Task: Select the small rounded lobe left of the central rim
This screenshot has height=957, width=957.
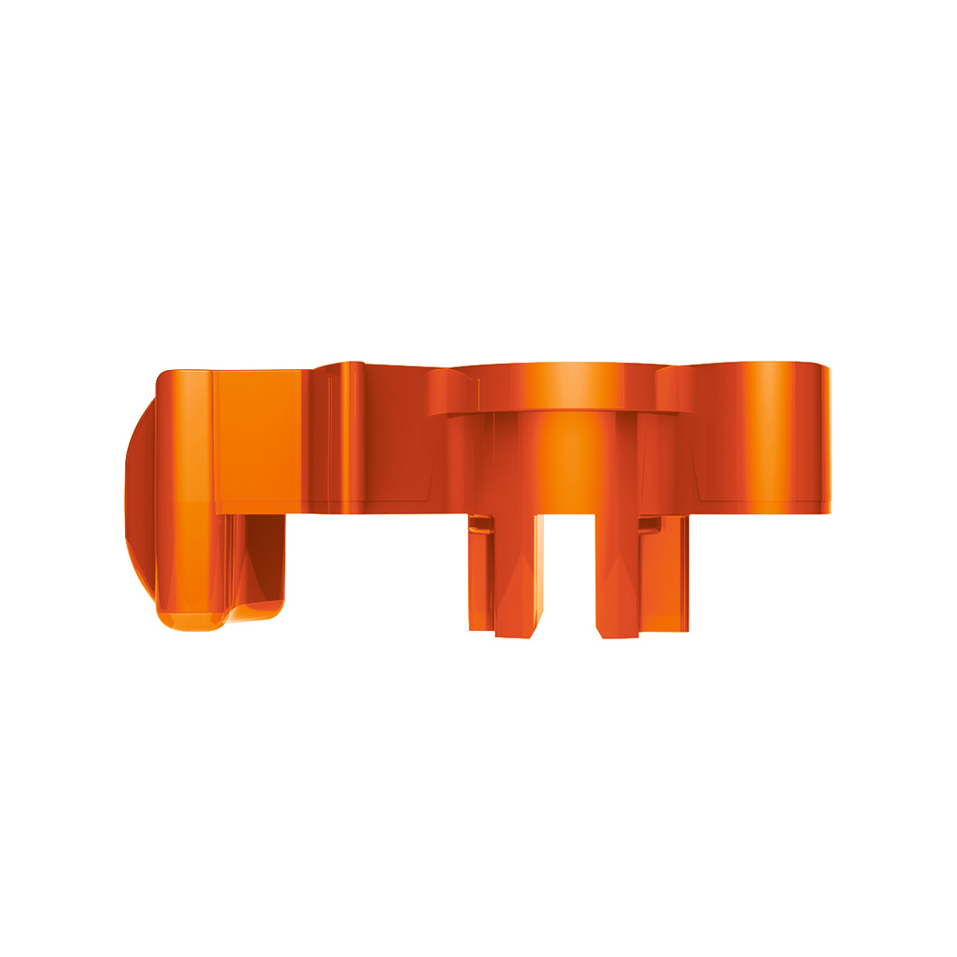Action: [450, 393]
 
